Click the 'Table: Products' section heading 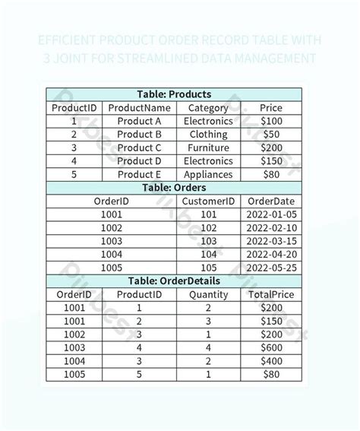[x=174, y=94]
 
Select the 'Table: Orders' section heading [x=174, y=188]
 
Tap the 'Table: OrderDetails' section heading [x=174, y=281]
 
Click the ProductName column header [x=140, y=108]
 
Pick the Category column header [x=208, y=108]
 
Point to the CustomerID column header [x=208, y=201]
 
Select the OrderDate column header [x=271, y=201]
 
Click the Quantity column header [x=208, y=295]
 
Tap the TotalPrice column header [x=271, y=295]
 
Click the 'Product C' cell [x=140, y=148]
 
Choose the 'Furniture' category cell [x=208, y=148]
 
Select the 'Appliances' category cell [x=208, y=175]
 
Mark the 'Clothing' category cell [x=208, y=135]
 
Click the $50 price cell [x=271, y=135]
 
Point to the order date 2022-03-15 [x=271, y=241]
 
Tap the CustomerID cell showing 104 [x=208, y=255]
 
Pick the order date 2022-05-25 [x=271, y=268]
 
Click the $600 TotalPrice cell [x=271, y=348]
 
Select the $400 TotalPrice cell [x=271, y=361]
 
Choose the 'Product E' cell [x=140, y=175]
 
